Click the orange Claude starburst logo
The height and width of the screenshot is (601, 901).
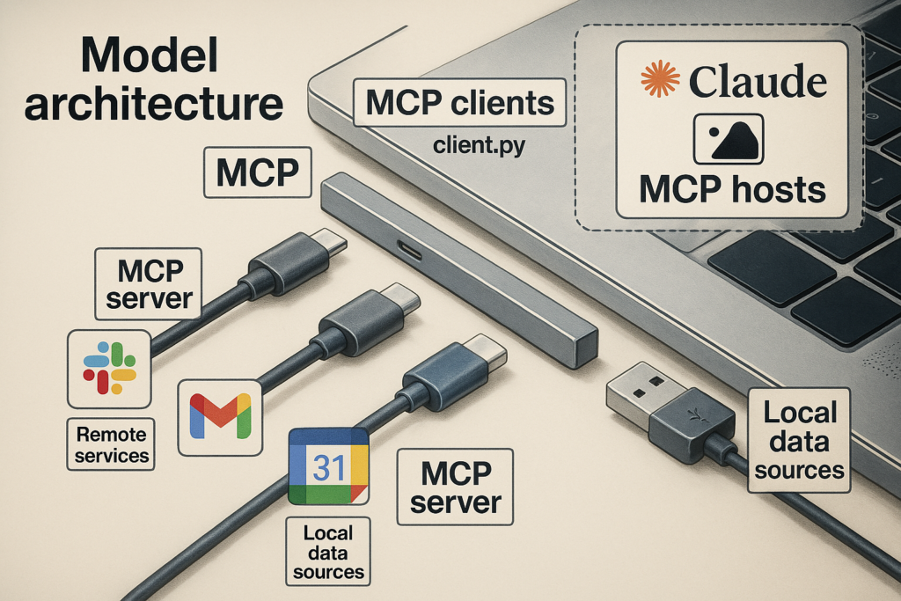(x=660, y=79)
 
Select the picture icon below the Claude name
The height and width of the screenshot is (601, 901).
(x=729, y=139)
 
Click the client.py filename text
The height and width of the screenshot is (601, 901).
(x=480, y=144)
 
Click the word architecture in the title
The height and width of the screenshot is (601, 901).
(x=154, y=105)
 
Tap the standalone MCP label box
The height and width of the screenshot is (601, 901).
(x=258, y=172)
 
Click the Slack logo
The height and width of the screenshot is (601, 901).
(x=109, y=367)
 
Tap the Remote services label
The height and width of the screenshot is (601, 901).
(x=110, y=444)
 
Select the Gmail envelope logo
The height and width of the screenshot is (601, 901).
(x=220, y=417)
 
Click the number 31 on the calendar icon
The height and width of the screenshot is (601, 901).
(x=329, y=467)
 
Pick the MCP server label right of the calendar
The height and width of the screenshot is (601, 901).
(x=455, y=487)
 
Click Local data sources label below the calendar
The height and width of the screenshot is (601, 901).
(x=328, y=552)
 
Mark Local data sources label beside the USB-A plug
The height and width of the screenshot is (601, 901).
(x=799, y=440)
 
